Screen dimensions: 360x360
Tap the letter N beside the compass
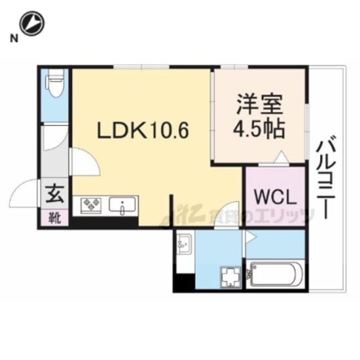click(x=14, y=38)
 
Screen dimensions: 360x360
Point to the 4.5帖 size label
click(x=259, y=129)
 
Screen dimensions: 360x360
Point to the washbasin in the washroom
click(x=183, y=244)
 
